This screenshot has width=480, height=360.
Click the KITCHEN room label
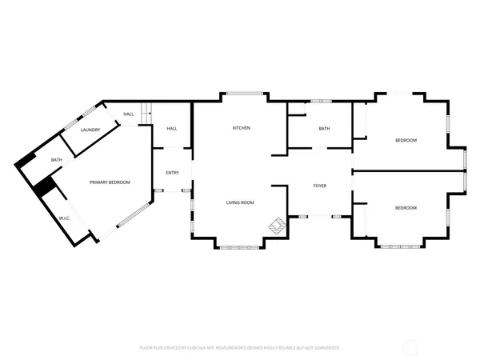(x=242, y=128)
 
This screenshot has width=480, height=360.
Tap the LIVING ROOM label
(x=239, y=202)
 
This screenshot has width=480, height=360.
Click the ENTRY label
(x=172, y=173)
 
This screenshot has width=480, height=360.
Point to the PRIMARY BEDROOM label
(x=110, y=182)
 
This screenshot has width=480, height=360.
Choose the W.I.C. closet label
(x=65, y=218)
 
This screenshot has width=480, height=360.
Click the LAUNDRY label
(x=90, y=130)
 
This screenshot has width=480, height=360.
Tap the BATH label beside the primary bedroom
(x=57, y=160)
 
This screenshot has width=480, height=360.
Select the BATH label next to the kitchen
(x=324, y=129)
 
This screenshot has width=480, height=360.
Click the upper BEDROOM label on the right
(x=406, y=141)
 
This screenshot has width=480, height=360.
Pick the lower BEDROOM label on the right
(x=406, y=208)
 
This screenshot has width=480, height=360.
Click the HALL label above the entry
(x=171, y=129)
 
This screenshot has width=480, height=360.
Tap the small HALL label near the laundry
(x=128, y=114)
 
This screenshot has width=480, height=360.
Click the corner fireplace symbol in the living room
(x=277, y=226)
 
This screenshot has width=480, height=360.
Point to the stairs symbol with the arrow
(x=146, y=114)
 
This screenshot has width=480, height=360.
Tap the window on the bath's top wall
(x=321, y=101)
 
